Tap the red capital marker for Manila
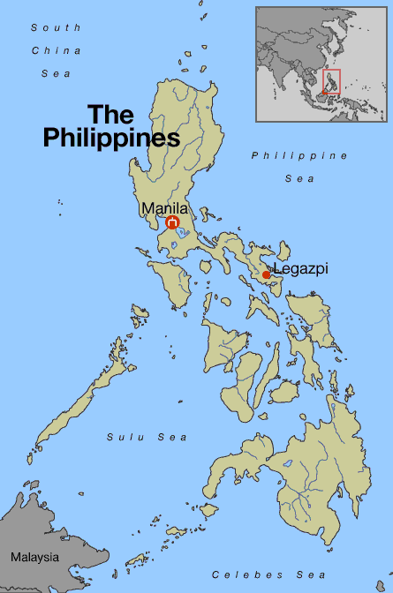pos(173,222)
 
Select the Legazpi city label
pos(300,268)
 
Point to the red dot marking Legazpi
pos(267,274)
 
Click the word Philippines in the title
pos(111,139)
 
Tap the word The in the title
pos(110,115)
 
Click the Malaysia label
pos(34,558)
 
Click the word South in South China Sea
pos(50,28)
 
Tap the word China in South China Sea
pos(56,50)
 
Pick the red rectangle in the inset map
pos(332,82)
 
